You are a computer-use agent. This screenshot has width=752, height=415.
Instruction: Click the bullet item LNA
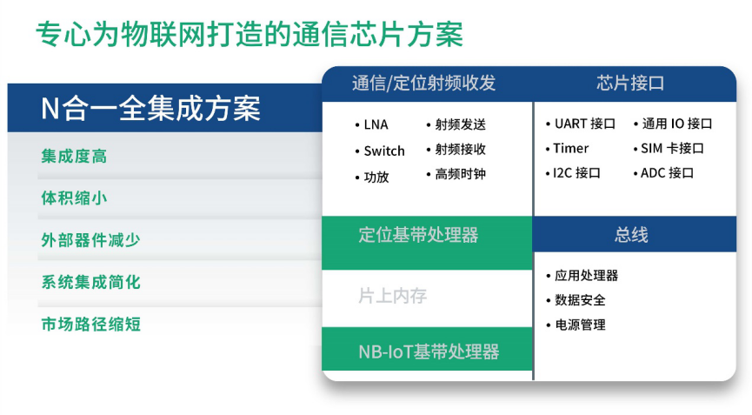372,124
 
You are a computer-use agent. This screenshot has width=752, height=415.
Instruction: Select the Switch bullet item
380,151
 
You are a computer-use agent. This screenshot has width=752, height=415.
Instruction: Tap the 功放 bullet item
372,177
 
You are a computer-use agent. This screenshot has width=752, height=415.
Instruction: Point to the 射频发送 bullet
456,124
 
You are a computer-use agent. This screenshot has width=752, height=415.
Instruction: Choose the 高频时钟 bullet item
456,174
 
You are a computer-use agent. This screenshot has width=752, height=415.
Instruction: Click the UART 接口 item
581,124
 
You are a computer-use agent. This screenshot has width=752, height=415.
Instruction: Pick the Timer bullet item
567,148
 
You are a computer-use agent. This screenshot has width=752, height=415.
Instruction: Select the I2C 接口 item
573,173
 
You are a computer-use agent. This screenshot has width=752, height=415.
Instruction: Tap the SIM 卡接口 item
669,148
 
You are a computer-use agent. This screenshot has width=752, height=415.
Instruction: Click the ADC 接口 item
663,173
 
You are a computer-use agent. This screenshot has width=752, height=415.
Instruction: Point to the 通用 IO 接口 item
673,124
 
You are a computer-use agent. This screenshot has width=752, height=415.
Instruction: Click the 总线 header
631,235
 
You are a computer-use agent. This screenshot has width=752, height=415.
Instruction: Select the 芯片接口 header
630,83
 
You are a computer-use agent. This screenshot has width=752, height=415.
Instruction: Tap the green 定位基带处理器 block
427,243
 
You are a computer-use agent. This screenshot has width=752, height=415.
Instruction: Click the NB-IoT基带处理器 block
427,349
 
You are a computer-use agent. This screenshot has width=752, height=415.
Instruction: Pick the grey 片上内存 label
393,296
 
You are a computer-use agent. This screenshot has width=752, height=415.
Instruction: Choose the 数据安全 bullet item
576,300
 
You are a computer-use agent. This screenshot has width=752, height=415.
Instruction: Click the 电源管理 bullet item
576,325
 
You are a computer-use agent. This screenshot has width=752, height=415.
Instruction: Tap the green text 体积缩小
75,197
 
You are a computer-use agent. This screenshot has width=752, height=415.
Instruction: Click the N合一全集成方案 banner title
150,109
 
